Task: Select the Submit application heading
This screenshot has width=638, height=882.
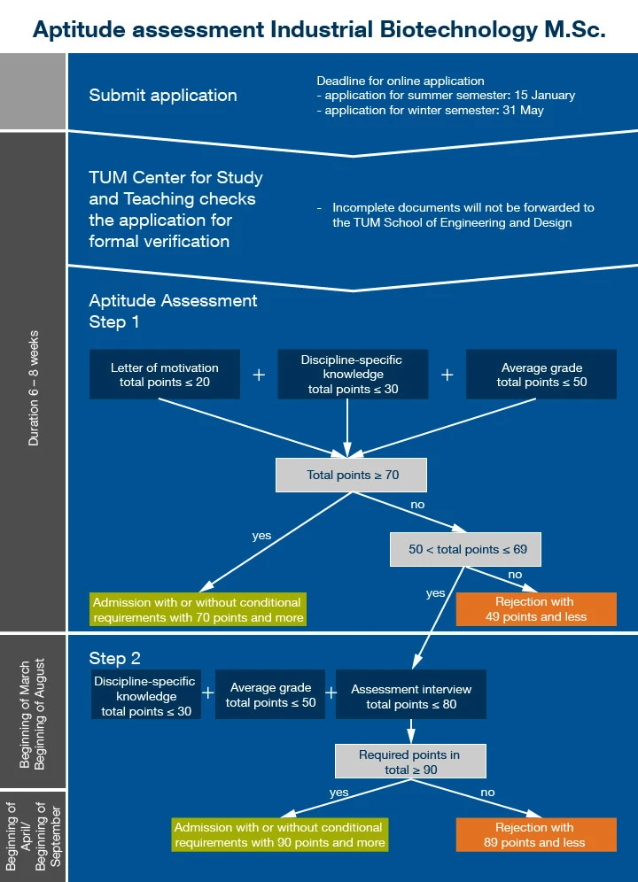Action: click(163, 95)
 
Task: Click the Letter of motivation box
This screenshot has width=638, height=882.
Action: click(165, 375)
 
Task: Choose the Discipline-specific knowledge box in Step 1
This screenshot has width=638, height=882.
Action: click(352, 375)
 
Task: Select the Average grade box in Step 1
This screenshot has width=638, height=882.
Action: click(541, 375)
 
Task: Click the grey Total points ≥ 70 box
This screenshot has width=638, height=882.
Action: click(352, 475)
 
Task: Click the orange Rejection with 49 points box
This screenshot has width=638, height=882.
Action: click(535, 609)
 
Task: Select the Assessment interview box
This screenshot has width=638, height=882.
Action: click(411, 696)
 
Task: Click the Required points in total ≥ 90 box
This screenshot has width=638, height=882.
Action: click(409, 762)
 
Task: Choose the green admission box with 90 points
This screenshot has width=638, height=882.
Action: click(280, 835)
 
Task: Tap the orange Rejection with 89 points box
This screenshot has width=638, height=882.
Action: click(535, 835)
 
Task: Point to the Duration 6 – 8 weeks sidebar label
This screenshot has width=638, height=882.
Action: click(34, 388)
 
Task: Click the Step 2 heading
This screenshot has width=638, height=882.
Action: click(115, 658)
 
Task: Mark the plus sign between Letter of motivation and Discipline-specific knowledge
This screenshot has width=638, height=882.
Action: click(259, 375)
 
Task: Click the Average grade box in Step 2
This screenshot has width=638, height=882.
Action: click(270, 695)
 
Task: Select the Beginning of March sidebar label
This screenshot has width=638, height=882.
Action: click(26, 713)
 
